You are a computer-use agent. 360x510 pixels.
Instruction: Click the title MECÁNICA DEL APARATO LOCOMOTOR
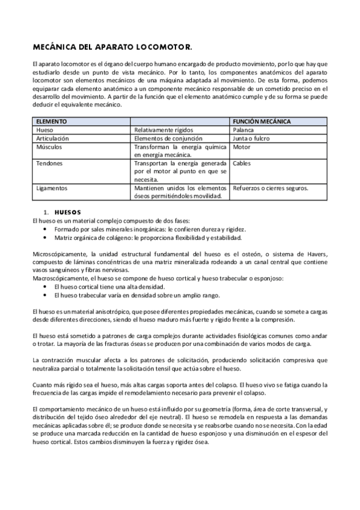click(112, 46)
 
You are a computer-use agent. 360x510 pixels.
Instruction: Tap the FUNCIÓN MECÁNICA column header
click(261, 121)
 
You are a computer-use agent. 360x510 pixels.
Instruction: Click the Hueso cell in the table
click(45, 130)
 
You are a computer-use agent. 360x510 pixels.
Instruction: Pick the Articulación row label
click(52, 138)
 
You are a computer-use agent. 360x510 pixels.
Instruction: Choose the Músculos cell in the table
click(49, 146)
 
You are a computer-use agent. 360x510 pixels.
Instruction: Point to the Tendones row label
click(49, 163)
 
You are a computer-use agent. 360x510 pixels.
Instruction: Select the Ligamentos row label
click(52, 188)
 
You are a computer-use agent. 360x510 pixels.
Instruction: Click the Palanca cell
click(243, 130)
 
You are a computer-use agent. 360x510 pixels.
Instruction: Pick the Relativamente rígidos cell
click(163, 130)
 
